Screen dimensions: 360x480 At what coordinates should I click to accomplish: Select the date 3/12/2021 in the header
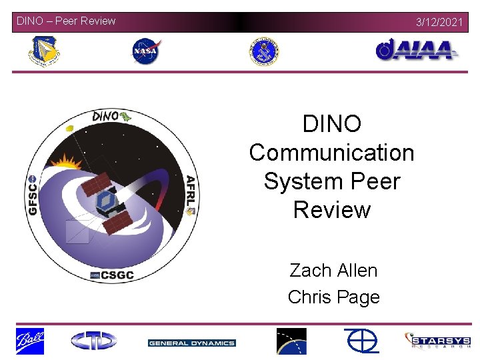pyautogui.click(x=439, y=22)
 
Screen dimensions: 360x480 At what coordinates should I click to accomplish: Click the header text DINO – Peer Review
pyautogui.click(x=66, y=21)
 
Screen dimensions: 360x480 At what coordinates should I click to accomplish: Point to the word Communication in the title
pyautogui.click(x=331, y=153)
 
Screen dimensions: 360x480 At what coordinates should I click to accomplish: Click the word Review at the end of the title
pyautogui.click(x=331, y=209)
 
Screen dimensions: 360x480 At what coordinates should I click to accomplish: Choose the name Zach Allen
pyautogui.click(x=333, y=270)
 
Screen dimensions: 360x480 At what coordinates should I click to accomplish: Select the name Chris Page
pyautogui.click(x=333, y=297)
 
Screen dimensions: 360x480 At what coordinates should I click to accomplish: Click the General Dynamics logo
pyautogui.click(x=191, y=343)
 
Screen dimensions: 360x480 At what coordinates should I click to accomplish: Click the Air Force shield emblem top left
pyautogui.click(x=44, y=52)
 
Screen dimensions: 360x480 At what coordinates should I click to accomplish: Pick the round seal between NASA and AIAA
pyautogui.click(x=264, y=51)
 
